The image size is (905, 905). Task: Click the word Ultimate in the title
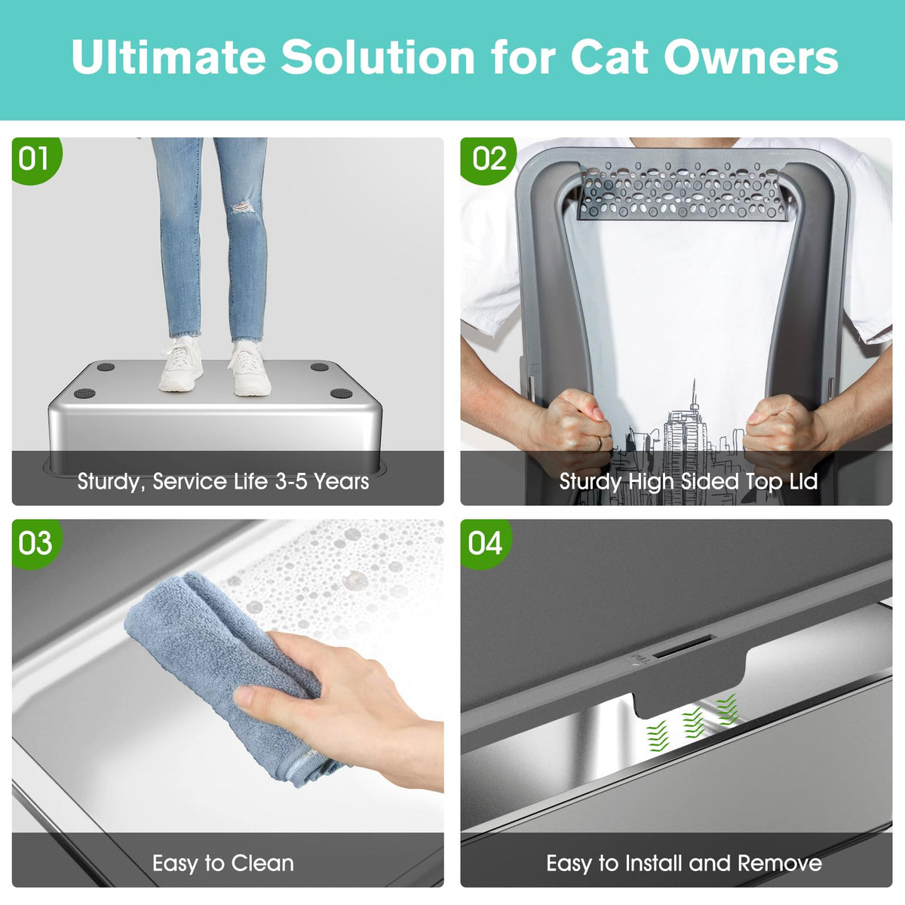[169, 57]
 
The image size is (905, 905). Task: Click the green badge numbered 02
[487, 160]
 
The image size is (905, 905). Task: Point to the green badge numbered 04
[486, 543]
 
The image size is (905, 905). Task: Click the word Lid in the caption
[803, 481]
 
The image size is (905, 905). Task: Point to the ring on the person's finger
[600, 443]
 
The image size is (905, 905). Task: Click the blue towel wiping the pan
[221, 672]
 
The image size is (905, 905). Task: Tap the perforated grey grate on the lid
[682, 191]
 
